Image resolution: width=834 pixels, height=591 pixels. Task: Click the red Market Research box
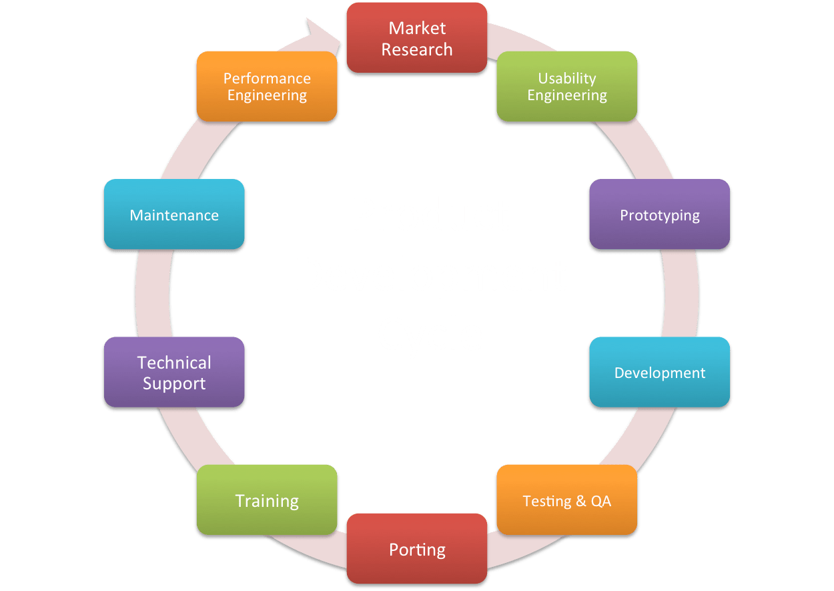[416, 38]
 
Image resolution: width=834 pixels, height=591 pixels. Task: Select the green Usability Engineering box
[566, 86]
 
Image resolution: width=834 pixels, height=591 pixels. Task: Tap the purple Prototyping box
[659, 215]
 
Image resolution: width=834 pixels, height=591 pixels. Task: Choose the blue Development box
[659, 373]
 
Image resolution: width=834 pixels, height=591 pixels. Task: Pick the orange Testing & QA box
[566, 500]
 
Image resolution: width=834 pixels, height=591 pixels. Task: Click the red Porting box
[416, 550]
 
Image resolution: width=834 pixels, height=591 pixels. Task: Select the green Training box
[267, 500]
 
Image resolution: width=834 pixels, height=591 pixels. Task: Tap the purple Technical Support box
[174, 373]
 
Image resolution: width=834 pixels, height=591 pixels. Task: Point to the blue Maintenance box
[174, 215]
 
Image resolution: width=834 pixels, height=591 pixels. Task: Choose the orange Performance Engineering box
[267, 86]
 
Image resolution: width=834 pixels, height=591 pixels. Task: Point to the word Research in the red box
[417, 49]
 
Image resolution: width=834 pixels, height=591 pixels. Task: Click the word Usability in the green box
[567, 78]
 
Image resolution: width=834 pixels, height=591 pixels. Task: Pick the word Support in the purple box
[174, 384]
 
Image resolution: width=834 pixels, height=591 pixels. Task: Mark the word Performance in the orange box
[267, 78]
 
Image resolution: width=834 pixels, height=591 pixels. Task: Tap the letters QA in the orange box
[600, 501]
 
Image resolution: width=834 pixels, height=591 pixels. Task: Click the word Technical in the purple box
[174, 363]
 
